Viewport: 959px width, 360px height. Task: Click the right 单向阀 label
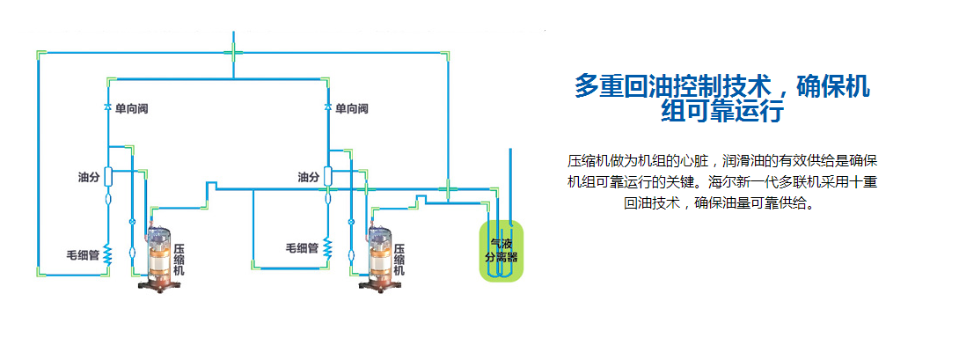(351, 108)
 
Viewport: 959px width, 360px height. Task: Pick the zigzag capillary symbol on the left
(107, 255)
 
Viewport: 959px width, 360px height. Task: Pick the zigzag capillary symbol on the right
(327, 248)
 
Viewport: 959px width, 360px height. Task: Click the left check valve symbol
(107, 107)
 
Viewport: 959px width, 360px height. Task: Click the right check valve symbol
(327, 107)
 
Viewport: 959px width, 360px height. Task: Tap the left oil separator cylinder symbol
(107, 176)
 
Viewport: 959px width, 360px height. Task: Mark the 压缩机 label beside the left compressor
(179, 260)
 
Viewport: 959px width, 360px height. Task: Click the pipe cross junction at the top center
(233, 53)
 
